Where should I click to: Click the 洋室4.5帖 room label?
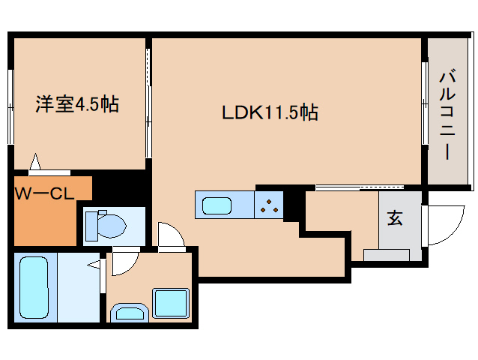[x=76, y=104]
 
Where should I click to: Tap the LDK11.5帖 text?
[x=270, y=113]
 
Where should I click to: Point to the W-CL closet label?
[x=43, y=193]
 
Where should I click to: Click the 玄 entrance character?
[x=394, y=219]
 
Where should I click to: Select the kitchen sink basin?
[x=216, y=204]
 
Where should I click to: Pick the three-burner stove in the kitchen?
[x=269, y=205]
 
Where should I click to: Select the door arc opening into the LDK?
[x=172, y=236]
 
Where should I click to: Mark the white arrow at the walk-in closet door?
[x=34, y=162]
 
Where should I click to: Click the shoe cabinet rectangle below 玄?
[x=387, y=255]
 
